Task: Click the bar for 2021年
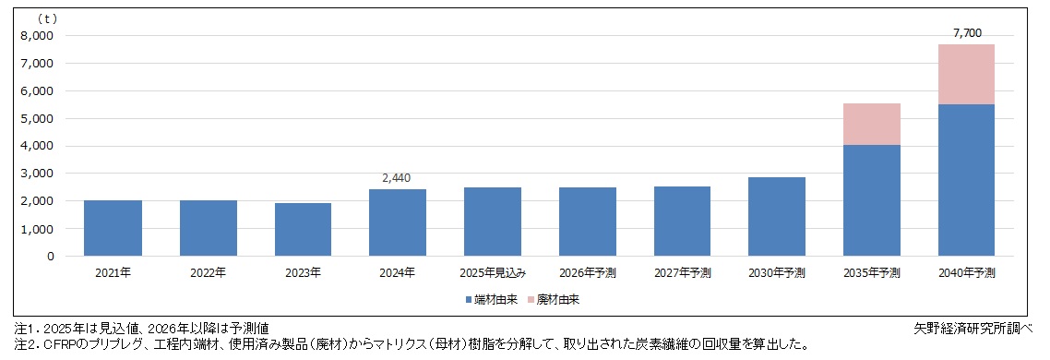coord(113,228)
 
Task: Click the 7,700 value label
coord(966,33)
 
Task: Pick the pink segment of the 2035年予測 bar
coord(872,124)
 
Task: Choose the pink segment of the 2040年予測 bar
coord(966,74)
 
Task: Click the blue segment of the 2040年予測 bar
coord(966,180)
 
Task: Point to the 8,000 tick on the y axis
coord(37,36)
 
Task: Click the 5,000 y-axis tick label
coord(37,118)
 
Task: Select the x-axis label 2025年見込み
coord(492,273)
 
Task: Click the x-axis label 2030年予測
coord(777,273)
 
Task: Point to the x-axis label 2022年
coord(208,273)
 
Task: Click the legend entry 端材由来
coord(489,299)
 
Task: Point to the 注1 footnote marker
coord(22,329)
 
